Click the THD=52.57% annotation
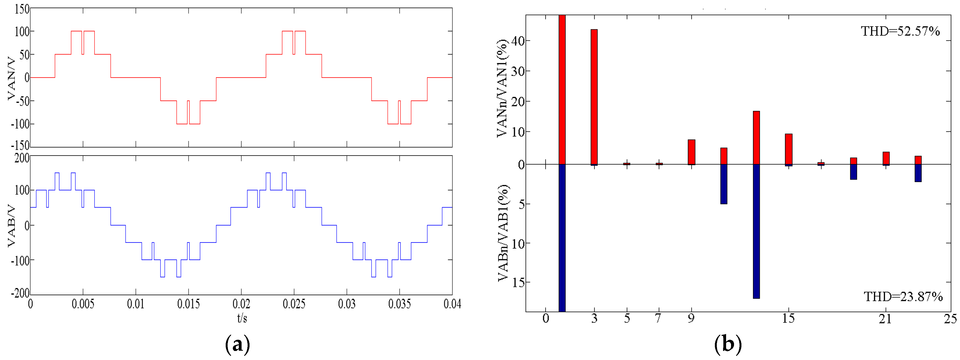tap(900, 31)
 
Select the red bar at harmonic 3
tap(594, 97)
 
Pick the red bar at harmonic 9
tap(691, 152)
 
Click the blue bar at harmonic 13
tap(756, 231)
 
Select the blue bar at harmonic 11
tap(724, 184)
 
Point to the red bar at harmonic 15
tap(789, 149)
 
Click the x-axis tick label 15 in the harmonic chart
tap(788, 318)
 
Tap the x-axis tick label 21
tap(885, 319)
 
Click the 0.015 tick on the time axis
tap(188, 304)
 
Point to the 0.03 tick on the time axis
tap(346, 304)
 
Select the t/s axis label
tap(242, 318)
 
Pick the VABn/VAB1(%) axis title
tap(503, 233)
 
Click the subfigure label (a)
tap(237, 345)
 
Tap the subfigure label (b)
tap(728, 345)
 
